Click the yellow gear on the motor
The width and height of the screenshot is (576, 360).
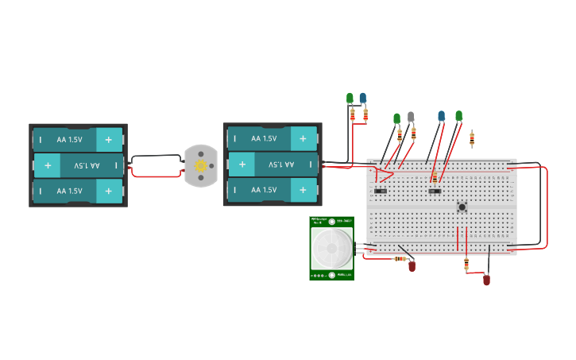(x=200, y=165)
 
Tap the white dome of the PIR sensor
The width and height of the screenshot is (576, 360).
(x=331, y=248)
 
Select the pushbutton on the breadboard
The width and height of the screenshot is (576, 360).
(x=462, y=207)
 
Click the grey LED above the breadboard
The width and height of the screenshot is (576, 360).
(x=411, y=117)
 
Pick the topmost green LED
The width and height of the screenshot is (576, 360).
(x=350, y=99)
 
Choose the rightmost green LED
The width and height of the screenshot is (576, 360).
(x=458, y=116)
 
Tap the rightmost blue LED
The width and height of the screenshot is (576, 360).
(x=442, y=116)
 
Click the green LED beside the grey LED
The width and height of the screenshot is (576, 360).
(x=396, y=118)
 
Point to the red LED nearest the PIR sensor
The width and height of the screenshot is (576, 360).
(x=412, y=266)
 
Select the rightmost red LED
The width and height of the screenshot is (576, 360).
(x=486, y=280)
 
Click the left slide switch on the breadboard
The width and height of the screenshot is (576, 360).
(x=380, y=191)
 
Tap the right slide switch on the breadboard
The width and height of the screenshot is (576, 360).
(x=434, y=191)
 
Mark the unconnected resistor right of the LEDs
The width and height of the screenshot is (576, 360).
(x=472, y=140)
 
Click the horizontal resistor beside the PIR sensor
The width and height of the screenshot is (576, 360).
(x=400, y=257)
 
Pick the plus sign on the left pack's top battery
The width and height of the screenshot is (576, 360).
(x=109, y=139)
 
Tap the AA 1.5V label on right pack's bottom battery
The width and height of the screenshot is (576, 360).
(x=264, y=191)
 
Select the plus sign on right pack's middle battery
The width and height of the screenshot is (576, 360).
(x=242, y=165)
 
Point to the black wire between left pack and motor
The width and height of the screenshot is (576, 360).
(x=157, y=157)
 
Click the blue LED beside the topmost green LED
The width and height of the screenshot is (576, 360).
(x=363, y=99)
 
